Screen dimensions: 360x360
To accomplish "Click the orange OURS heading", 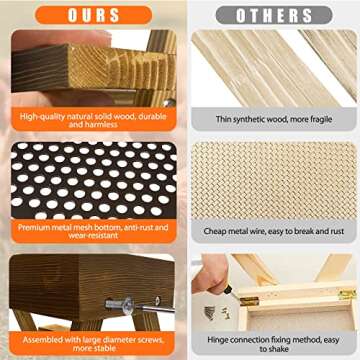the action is pyautogui.click(x=94, y=15).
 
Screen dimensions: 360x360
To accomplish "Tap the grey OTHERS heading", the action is pyautogui.click(x=274, y=15).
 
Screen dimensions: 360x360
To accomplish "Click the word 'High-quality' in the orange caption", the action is pyautogui.click(x=40, y=117).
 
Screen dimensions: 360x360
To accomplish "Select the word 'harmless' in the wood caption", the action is pyautogui.click(x=102, y=125).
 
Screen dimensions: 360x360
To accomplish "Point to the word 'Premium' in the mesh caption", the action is pyautogui.click(x=33, y=228).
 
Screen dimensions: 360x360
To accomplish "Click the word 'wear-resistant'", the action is pyautogui.click(x=93, y=235).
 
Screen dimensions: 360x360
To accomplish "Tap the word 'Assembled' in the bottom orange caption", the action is pyautogui.click(x=42, y=340).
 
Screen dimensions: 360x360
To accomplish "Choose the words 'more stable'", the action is pyautogui.click(x=94, y=348).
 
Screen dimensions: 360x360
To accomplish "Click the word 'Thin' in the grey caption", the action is pyautogui.click(x=223, y=119).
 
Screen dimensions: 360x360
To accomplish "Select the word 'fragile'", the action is pyautogui.click(x=320, y=119).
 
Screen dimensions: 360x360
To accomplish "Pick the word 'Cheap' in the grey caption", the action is pyautogui.click(x=214, y=231).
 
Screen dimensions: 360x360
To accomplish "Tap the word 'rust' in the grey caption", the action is pyautogui.click(x=336, y=231).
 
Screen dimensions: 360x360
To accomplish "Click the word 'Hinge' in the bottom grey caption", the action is pyautogui.click(x=218, y=340).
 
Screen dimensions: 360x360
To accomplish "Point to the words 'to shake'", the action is pyautogui.click(x=274, y=349).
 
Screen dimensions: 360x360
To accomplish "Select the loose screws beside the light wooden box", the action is pyautogui.click(x=217, y=313).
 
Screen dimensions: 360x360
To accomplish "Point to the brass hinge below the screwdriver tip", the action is pyautogui.click(x=249, y=301).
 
